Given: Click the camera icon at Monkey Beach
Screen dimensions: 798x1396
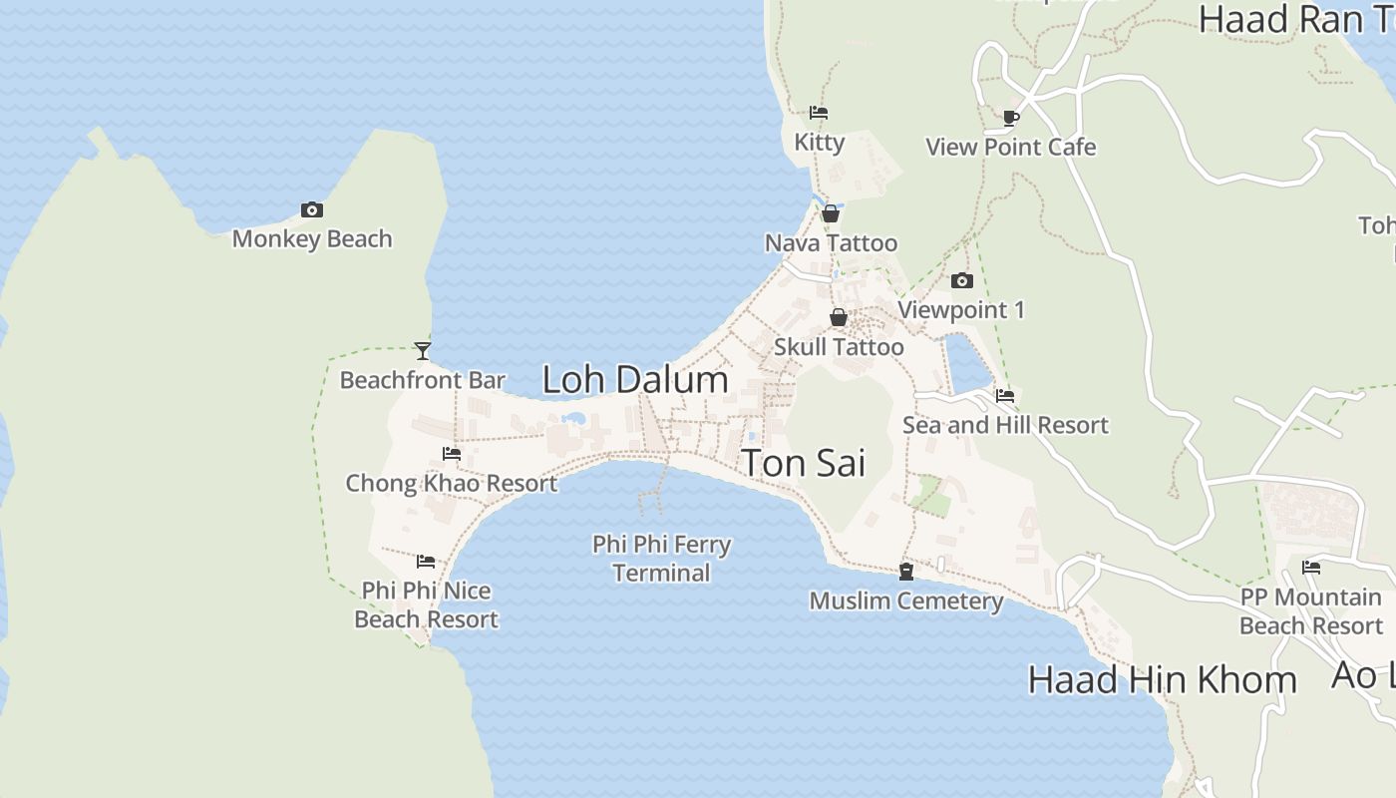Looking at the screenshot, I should click(312, 209).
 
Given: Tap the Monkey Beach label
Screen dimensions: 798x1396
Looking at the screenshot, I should click(312, 239).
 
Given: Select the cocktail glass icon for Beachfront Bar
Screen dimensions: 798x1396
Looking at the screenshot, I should click(423, 350).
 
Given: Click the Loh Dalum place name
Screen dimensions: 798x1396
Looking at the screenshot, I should click(635, 380).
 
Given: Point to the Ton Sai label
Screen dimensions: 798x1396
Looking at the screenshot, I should click(804, 464).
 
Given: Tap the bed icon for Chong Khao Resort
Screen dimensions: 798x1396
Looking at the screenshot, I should click(452, 454).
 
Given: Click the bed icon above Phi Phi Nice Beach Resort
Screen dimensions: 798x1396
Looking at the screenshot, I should click(426, 561).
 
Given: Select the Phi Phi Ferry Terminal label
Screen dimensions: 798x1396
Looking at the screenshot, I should click(662, 559).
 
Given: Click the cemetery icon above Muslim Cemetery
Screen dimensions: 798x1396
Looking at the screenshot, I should click(906, 572).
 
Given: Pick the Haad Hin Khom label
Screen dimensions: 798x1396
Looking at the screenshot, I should click(1162, 680).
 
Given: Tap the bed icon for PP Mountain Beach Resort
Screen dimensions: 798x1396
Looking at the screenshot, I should click(1311, 568).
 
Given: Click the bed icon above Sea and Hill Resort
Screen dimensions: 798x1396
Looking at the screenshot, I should click(1005, 396).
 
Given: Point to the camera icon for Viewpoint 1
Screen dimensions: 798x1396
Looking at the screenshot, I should click(962, 281).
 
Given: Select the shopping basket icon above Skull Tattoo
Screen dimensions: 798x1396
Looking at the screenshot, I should click(839, 317).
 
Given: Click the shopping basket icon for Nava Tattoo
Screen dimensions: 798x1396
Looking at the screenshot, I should click(830, 213).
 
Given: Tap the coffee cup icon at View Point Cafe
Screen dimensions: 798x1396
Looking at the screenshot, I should click(1011, 118).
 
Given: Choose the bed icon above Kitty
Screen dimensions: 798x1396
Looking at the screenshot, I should click(819, 113).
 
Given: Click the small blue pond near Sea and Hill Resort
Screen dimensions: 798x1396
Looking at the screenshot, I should click(966, 364).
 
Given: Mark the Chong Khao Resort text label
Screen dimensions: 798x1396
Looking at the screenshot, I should click(452, 484).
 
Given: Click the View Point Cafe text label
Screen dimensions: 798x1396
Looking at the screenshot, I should click(1011, 148).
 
